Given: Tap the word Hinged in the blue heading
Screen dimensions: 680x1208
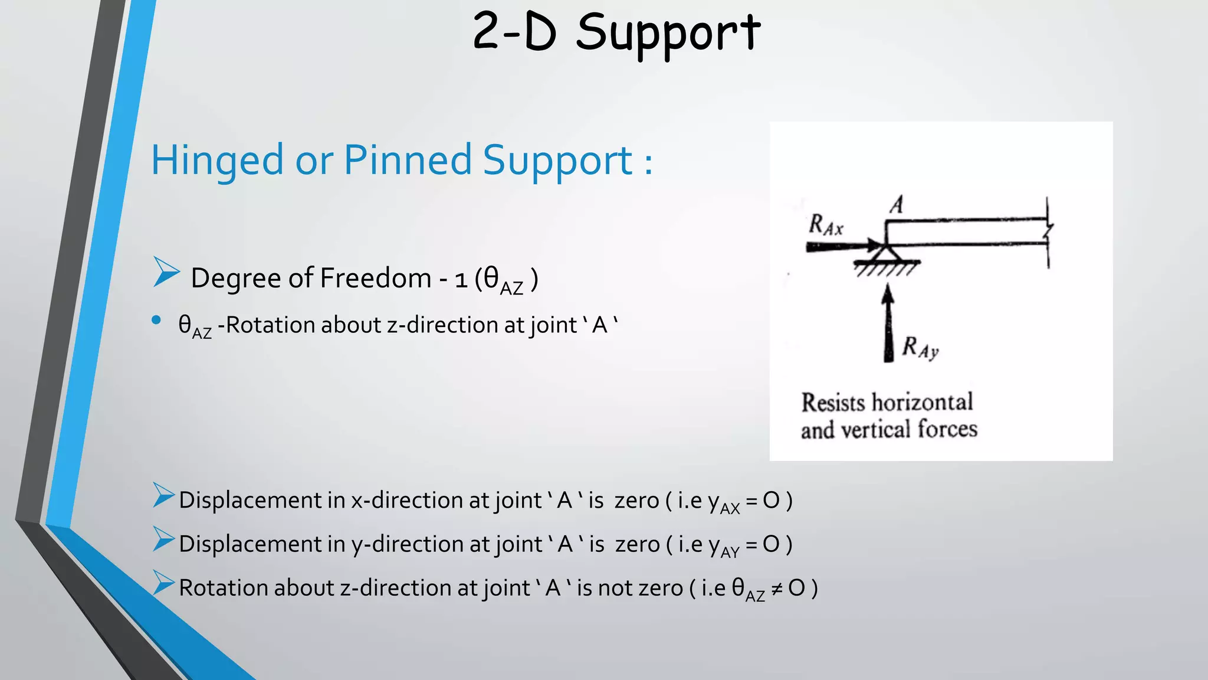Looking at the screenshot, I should (x=217, y=161).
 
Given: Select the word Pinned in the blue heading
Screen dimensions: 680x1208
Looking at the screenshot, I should (x=408, y=161).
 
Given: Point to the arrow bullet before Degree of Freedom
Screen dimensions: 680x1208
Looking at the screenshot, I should (x=166, y=272).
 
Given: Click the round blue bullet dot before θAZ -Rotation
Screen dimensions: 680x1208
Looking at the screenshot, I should (x=156, y=321).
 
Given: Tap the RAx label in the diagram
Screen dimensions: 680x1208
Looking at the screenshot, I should (x=826, y=225).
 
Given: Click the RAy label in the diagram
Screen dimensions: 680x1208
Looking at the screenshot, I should (x=920, y=348).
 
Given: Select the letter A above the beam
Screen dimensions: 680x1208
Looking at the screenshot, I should (x=897, y=205).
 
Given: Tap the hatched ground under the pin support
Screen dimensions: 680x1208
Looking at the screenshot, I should (x=887, y=269).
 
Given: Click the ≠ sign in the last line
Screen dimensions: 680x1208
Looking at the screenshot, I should (x=777, y=589).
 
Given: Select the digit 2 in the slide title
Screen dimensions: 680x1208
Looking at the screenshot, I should (x=487, y=32).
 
